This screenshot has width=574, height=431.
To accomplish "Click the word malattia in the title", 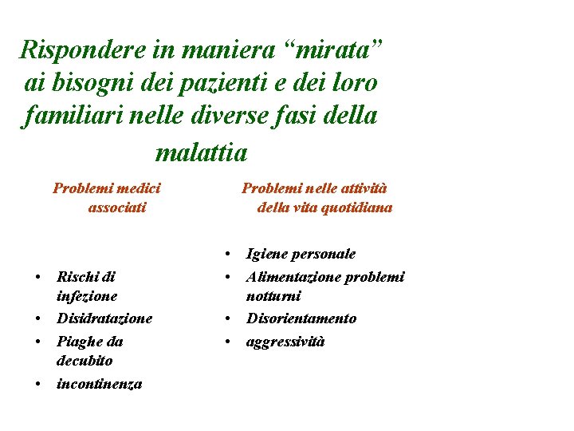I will (202, 150).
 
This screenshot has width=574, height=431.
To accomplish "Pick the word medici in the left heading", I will (137, 188).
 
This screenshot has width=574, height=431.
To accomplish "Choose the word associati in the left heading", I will (117, 208).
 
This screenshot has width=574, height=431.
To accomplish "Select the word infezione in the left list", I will (87, 296).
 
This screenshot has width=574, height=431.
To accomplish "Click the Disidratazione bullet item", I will (104, 318).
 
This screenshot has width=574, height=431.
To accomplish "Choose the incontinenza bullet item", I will (100, 384).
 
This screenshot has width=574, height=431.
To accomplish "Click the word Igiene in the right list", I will (267, 255).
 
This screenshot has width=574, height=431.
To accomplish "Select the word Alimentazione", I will (293, 277).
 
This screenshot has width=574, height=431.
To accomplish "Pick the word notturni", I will (274, 296).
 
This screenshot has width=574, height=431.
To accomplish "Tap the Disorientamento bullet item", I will (301, 318).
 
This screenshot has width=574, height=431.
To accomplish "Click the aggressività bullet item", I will (286, 342).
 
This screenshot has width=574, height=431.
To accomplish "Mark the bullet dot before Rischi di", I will (38, 278).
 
